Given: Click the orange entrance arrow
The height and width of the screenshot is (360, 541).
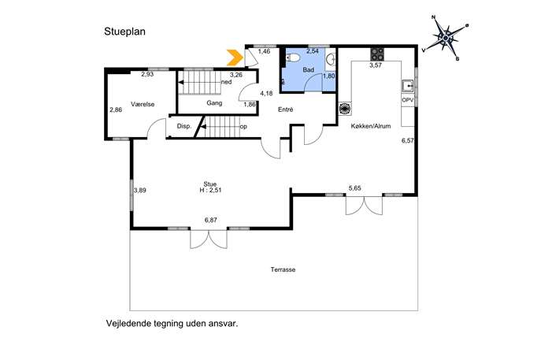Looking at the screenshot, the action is coord(235,58).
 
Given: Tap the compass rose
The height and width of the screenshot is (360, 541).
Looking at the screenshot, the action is coord(446,37).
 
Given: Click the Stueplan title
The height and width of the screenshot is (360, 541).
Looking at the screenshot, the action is coord(125,32).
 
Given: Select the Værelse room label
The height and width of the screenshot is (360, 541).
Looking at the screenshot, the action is coord(143,104).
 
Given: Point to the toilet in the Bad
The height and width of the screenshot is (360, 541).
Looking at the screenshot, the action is coord(292,58).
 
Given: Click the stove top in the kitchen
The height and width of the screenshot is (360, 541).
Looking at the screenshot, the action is coord(377,54).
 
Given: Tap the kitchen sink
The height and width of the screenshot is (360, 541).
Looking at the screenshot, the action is coord(408,85).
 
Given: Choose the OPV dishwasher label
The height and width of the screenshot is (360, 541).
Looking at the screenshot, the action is coord(407,100).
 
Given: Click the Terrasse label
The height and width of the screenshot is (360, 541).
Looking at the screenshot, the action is coord(283,269).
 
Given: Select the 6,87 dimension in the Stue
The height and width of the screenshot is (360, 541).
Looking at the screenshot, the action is coord(211,220).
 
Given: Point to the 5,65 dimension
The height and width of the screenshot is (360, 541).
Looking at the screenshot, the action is coord(354,188).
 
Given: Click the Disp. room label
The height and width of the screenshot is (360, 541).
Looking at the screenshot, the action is coord(184,126).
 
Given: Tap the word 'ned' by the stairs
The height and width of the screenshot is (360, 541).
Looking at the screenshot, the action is coord(226,82).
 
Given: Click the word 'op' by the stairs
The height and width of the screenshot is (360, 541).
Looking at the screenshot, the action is coord(243,127).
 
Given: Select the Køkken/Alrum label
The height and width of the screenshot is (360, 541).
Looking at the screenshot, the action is coord(371,126).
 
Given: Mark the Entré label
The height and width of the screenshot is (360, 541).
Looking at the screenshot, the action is coord(286,109).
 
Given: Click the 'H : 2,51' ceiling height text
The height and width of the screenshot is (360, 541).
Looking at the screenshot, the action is coord(210,190).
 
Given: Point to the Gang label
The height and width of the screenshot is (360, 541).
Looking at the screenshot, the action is coord(214,103).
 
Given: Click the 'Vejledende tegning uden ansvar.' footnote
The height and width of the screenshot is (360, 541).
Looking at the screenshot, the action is coord(172,324).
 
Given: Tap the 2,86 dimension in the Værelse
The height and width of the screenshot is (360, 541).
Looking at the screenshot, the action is coord(116,109).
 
